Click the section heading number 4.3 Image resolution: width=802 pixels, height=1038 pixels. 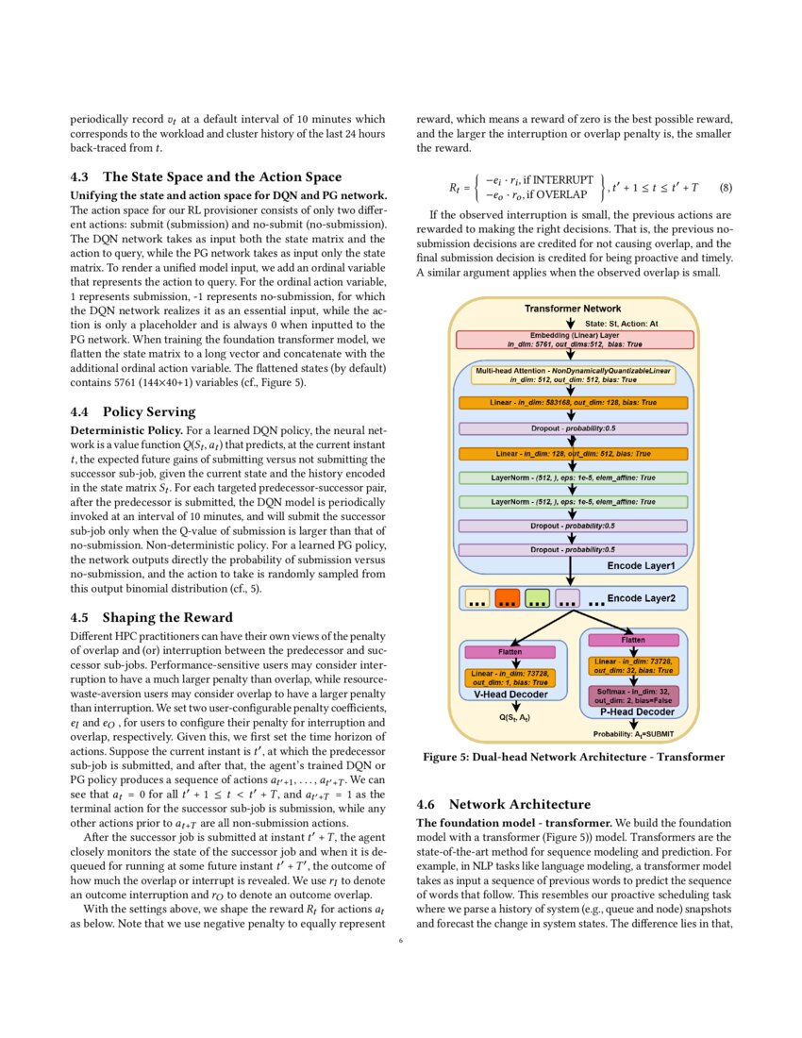pyautogui.click(x=81, y=177)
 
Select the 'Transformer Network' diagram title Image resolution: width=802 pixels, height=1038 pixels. pyautogui.click(x=573, y=309)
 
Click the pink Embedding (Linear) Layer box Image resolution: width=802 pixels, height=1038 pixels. pyautogui.click(x=575, y=340)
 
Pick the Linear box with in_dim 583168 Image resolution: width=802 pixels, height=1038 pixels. pyautogui.click(x=573, y=403)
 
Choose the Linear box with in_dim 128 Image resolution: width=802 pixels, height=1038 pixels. pyautogui.click(x=573, y=453)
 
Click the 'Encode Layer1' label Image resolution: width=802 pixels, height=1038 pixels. pyautogui.click(x=641, y=565)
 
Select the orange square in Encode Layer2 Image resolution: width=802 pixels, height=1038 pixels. pyautogui.click(x=507, y=598)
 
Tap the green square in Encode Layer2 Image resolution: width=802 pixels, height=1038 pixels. pyautogui.click(x=537, y=598)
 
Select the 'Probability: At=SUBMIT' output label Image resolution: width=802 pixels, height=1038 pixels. pyautogui.click(x=631, y=733)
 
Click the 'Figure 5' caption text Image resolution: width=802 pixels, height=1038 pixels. pyautogui.click(x=573, y=757)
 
